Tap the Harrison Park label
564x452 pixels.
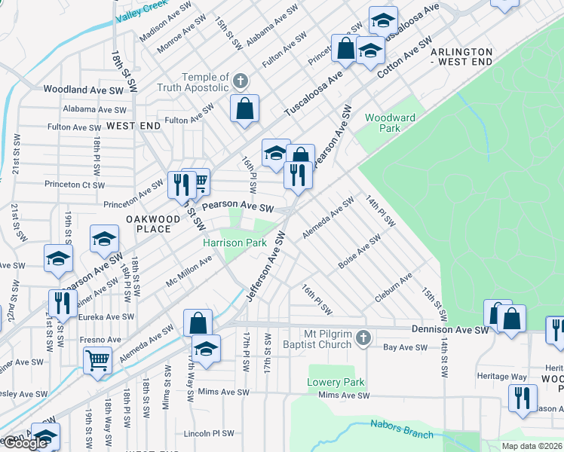(x=234, y=243)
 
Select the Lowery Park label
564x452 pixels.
(x=336, y=382)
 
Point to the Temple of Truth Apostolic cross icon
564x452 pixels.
(x=241, y=81)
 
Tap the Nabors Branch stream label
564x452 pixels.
(x=401, y=429)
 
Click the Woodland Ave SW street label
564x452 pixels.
(x=83, y=89)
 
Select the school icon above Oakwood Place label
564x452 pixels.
(x=104, y=240)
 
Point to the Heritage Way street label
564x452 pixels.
(x=501, y=376)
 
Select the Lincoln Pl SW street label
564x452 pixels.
(x=209, y=434)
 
